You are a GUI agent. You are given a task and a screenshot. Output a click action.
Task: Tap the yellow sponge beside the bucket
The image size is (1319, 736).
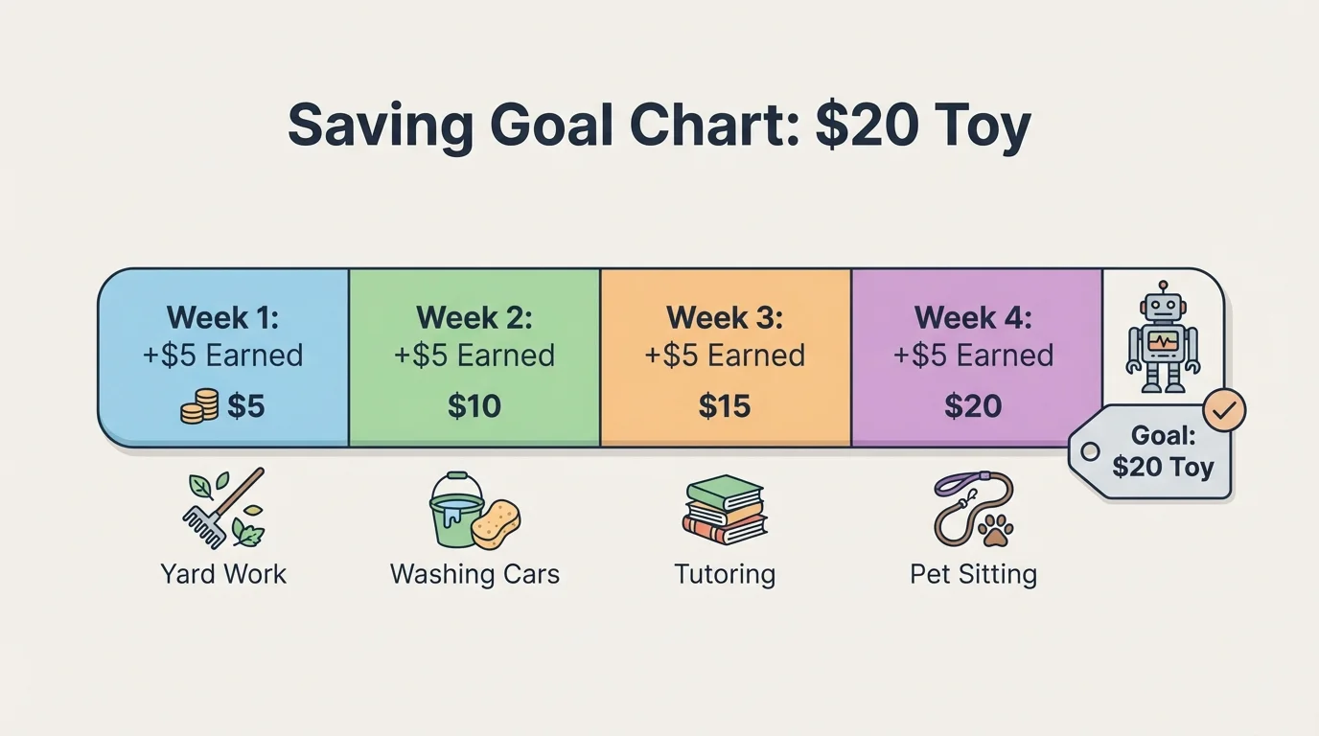pos(496,523)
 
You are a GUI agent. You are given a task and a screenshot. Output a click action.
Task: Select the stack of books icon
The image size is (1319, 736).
pos(725,510)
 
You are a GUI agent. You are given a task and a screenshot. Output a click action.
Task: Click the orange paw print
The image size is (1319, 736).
pos(996,528)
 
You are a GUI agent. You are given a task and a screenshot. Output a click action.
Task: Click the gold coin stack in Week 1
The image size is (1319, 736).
pos(198,406)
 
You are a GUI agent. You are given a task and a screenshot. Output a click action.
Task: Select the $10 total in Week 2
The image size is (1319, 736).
pos(474,406)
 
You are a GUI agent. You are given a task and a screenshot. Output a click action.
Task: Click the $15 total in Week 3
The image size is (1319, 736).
pos(725,406)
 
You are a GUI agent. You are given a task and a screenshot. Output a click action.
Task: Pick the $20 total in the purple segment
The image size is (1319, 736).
pos(973,406)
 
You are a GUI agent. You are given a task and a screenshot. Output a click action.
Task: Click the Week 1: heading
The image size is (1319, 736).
pos(222,317)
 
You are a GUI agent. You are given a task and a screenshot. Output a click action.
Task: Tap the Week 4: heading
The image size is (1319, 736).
pos(974,317)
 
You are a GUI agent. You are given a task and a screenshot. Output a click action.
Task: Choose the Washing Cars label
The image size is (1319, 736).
pos(474,575)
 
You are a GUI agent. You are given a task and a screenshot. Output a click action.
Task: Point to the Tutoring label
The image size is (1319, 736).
pos(725,575)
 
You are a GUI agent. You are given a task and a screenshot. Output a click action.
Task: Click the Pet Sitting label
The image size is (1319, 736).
pos(973,575)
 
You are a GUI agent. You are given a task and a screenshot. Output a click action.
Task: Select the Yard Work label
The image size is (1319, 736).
pos(223,575)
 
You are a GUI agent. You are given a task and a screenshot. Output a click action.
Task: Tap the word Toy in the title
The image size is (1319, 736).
pos(980,126)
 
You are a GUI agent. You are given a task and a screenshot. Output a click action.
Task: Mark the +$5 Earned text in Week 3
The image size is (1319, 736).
pos(725,356)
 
